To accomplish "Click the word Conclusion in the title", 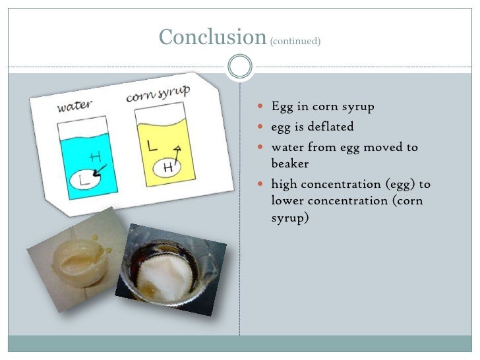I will (212, 37).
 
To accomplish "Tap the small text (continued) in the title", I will (295, 41).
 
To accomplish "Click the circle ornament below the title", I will (239, 66).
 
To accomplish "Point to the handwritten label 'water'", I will (74, 105).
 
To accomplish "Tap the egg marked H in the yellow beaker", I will (168, 167).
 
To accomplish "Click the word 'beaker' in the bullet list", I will (289, 163).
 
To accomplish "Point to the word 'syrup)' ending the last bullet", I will (290, 218).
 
